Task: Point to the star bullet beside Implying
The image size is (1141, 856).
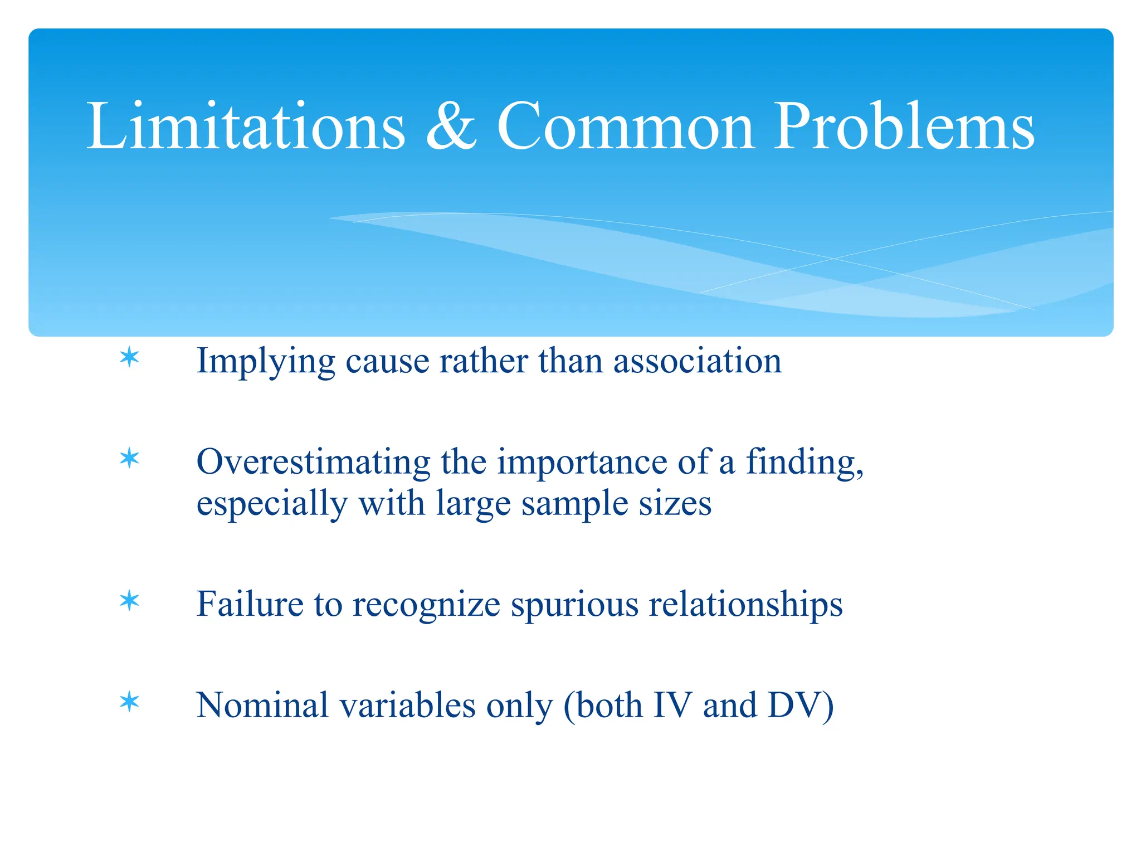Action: [x=129, y=357]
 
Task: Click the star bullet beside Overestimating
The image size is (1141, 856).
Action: [x=129, y=459]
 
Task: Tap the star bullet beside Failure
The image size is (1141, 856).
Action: [x=129, y=601]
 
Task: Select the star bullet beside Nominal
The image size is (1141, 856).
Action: [x=129, y=702]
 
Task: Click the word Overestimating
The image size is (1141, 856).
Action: [x=314, y=463]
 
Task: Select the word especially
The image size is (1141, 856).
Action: [x=272, y=504]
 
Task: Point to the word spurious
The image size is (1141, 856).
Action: [x=574, y=605]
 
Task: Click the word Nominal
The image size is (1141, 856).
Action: [x=262, y=705]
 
